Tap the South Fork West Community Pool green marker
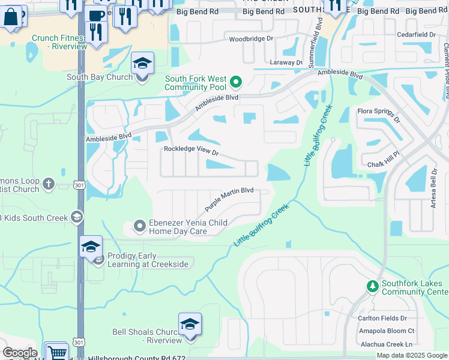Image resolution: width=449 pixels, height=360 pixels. click(x=237, y=82)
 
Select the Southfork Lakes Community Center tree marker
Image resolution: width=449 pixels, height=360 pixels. click(x=372, y=285)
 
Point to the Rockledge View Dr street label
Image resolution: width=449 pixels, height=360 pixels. click(x=191, y=152)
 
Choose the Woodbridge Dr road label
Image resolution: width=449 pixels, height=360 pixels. click(x=251, y=39)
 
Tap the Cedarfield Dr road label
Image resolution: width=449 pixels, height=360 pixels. click(x=415, y=35)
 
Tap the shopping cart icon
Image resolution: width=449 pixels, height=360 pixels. click(x=57, y=352)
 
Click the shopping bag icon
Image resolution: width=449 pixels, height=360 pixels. click(x=11, y=16)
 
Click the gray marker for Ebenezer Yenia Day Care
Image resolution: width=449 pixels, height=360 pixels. click(x=139, y=226)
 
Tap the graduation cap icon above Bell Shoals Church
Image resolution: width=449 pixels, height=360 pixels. click(x=190, y=325)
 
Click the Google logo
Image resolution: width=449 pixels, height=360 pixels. click(x=20, y=353)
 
